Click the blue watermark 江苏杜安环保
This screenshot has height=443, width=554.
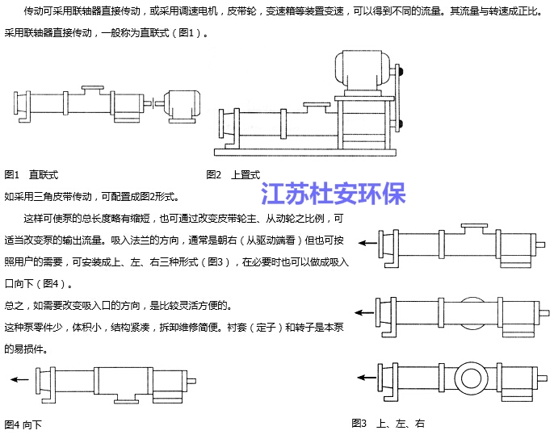tap(333, 194)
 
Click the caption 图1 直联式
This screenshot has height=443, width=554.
tap(31, 174)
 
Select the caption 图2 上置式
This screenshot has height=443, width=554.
tap(233, 174)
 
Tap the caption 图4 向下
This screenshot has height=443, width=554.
tap(23, 424)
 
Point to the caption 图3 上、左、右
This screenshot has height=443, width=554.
tap(388, 423)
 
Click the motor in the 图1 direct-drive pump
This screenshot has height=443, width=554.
tap(182, 105)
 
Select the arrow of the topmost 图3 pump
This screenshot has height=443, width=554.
tap(368, 243)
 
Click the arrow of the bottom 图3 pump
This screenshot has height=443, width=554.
tap(368, 377)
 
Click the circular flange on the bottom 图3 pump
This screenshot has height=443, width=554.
tap(469, 377)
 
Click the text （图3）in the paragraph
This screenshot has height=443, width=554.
tap(220, 262)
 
